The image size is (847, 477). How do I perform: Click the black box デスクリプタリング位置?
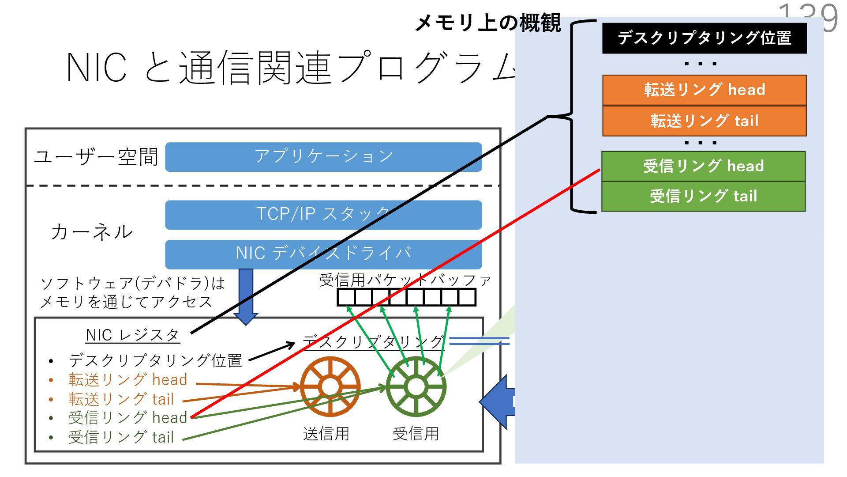[704, 38]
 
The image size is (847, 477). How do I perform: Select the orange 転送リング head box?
[704, 90]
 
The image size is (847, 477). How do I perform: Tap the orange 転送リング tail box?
[704, 121]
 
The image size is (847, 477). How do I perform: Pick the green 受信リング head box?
[703, 166]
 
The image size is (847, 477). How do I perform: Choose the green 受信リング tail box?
[703, 196]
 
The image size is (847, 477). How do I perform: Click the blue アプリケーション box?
[323, 157]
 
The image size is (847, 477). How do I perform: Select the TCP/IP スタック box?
[323, 215]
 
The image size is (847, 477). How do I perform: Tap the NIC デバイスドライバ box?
[323, 254]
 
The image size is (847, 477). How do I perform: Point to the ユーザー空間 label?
[96, 157]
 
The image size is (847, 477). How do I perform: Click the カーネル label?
[92, 232]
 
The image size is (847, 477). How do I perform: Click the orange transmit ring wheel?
[330, 387]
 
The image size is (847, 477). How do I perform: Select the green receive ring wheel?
[416, 387]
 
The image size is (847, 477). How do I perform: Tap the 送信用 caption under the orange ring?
[326, 434]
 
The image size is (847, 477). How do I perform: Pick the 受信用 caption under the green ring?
[416, 434]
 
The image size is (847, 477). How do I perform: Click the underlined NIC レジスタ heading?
[132, 335]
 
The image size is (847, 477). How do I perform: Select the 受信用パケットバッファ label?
[405, 280]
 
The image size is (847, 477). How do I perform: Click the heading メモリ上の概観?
[488, 23]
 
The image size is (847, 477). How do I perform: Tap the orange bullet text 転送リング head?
[127, 380]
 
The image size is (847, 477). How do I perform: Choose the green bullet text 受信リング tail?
[121, 437]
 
